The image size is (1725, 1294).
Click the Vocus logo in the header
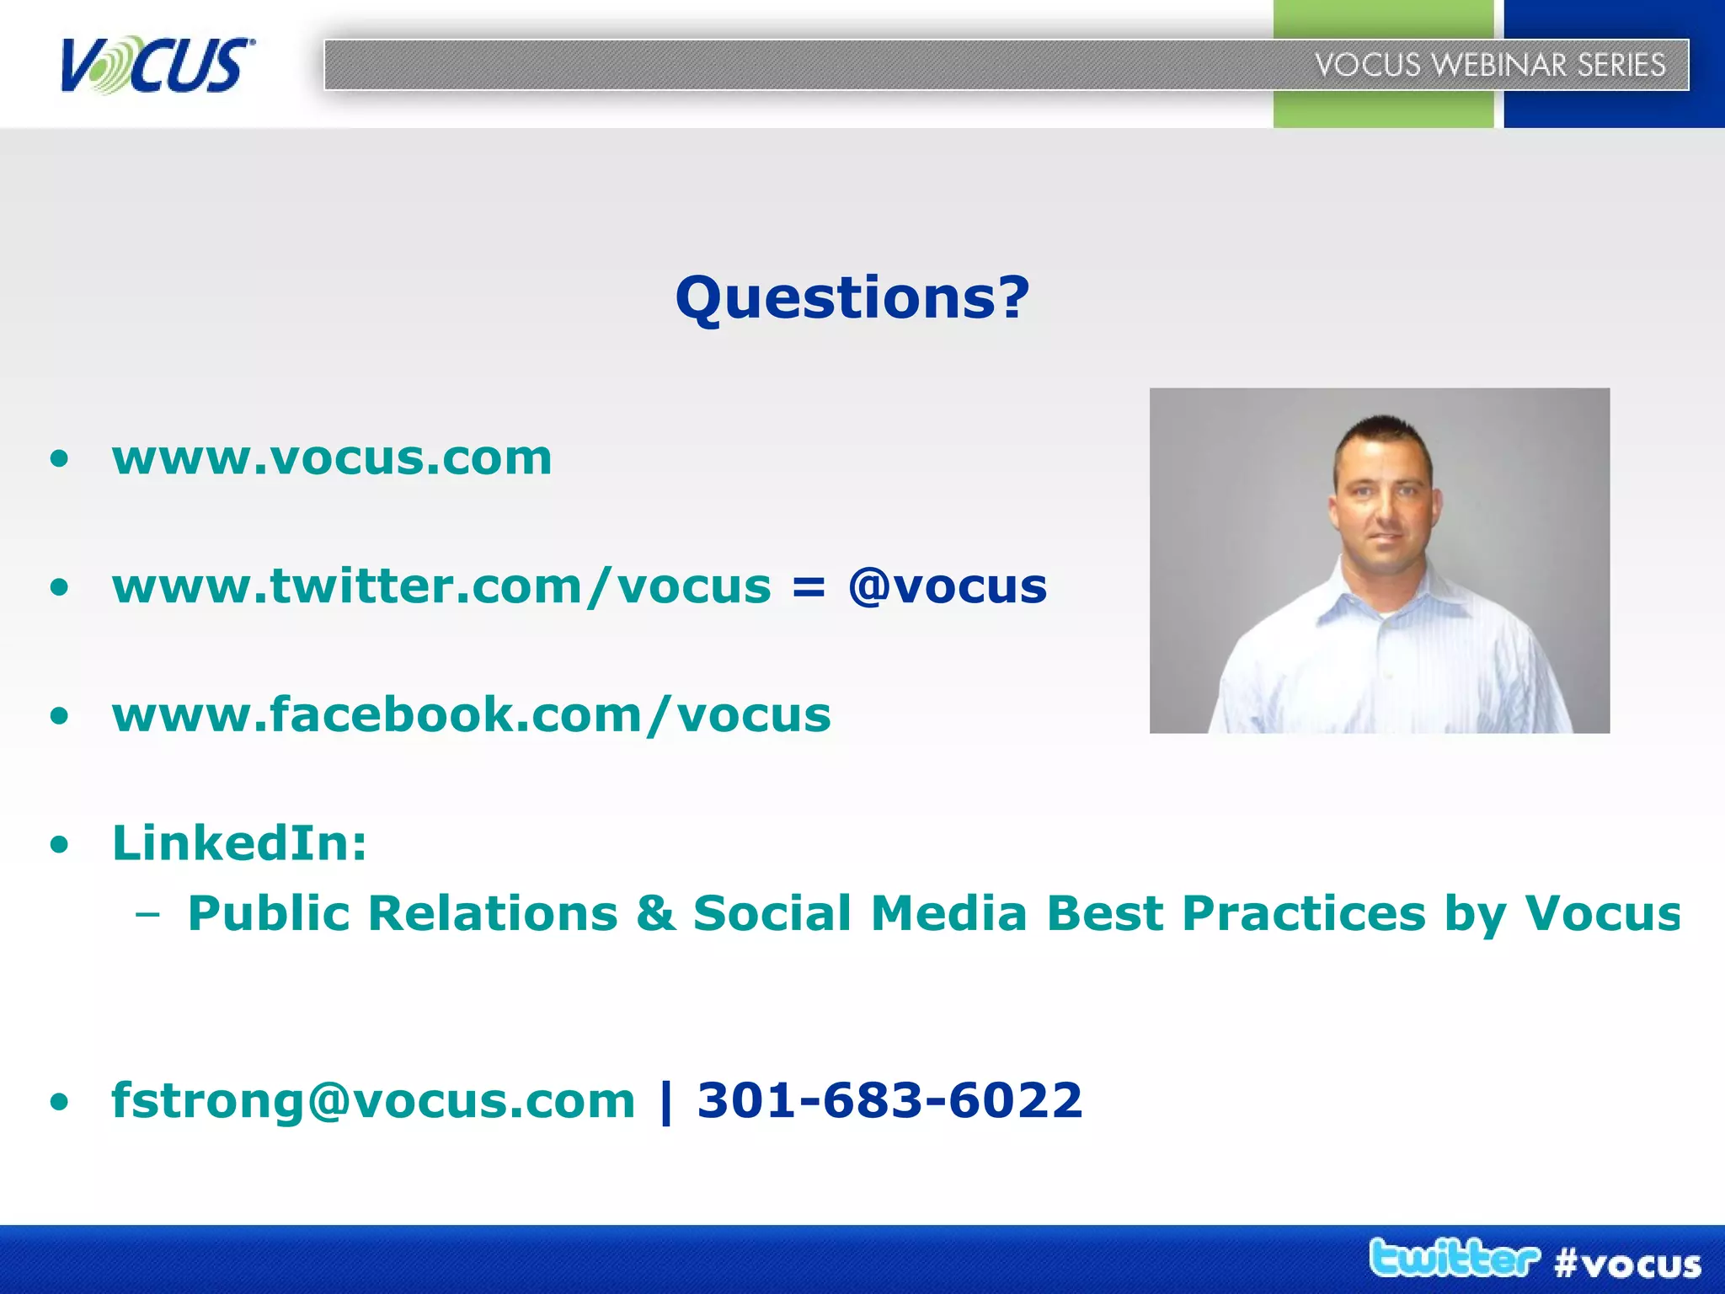click(x=157, y=66)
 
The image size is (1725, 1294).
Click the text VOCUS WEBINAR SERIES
click(x=1490, y=65)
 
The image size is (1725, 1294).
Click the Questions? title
click(x=852, y=298)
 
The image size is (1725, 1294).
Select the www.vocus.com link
click(x=332, y=458)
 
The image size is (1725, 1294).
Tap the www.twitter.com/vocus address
click(x=441, y=586)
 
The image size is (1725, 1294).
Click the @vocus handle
click(x=948, y=586)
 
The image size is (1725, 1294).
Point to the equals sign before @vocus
click(x=809, y=588)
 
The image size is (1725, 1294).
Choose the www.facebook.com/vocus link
click(x=471, y=715)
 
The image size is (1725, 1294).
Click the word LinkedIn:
click(x=240, y=843)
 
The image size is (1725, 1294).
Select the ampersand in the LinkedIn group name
click(x=655, y=914)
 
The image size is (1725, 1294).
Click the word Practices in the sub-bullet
click(x=1304, y=914)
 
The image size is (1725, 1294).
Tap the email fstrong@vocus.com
click(x=373, y=1100)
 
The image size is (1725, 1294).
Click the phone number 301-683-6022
click(x=889, y=1100)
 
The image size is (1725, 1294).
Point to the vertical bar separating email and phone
click(x=667, y=1100)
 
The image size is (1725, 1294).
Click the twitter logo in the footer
click(x=1454, y=1259)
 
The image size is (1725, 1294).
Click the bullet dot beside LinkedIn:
click(x=59, y=845)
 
